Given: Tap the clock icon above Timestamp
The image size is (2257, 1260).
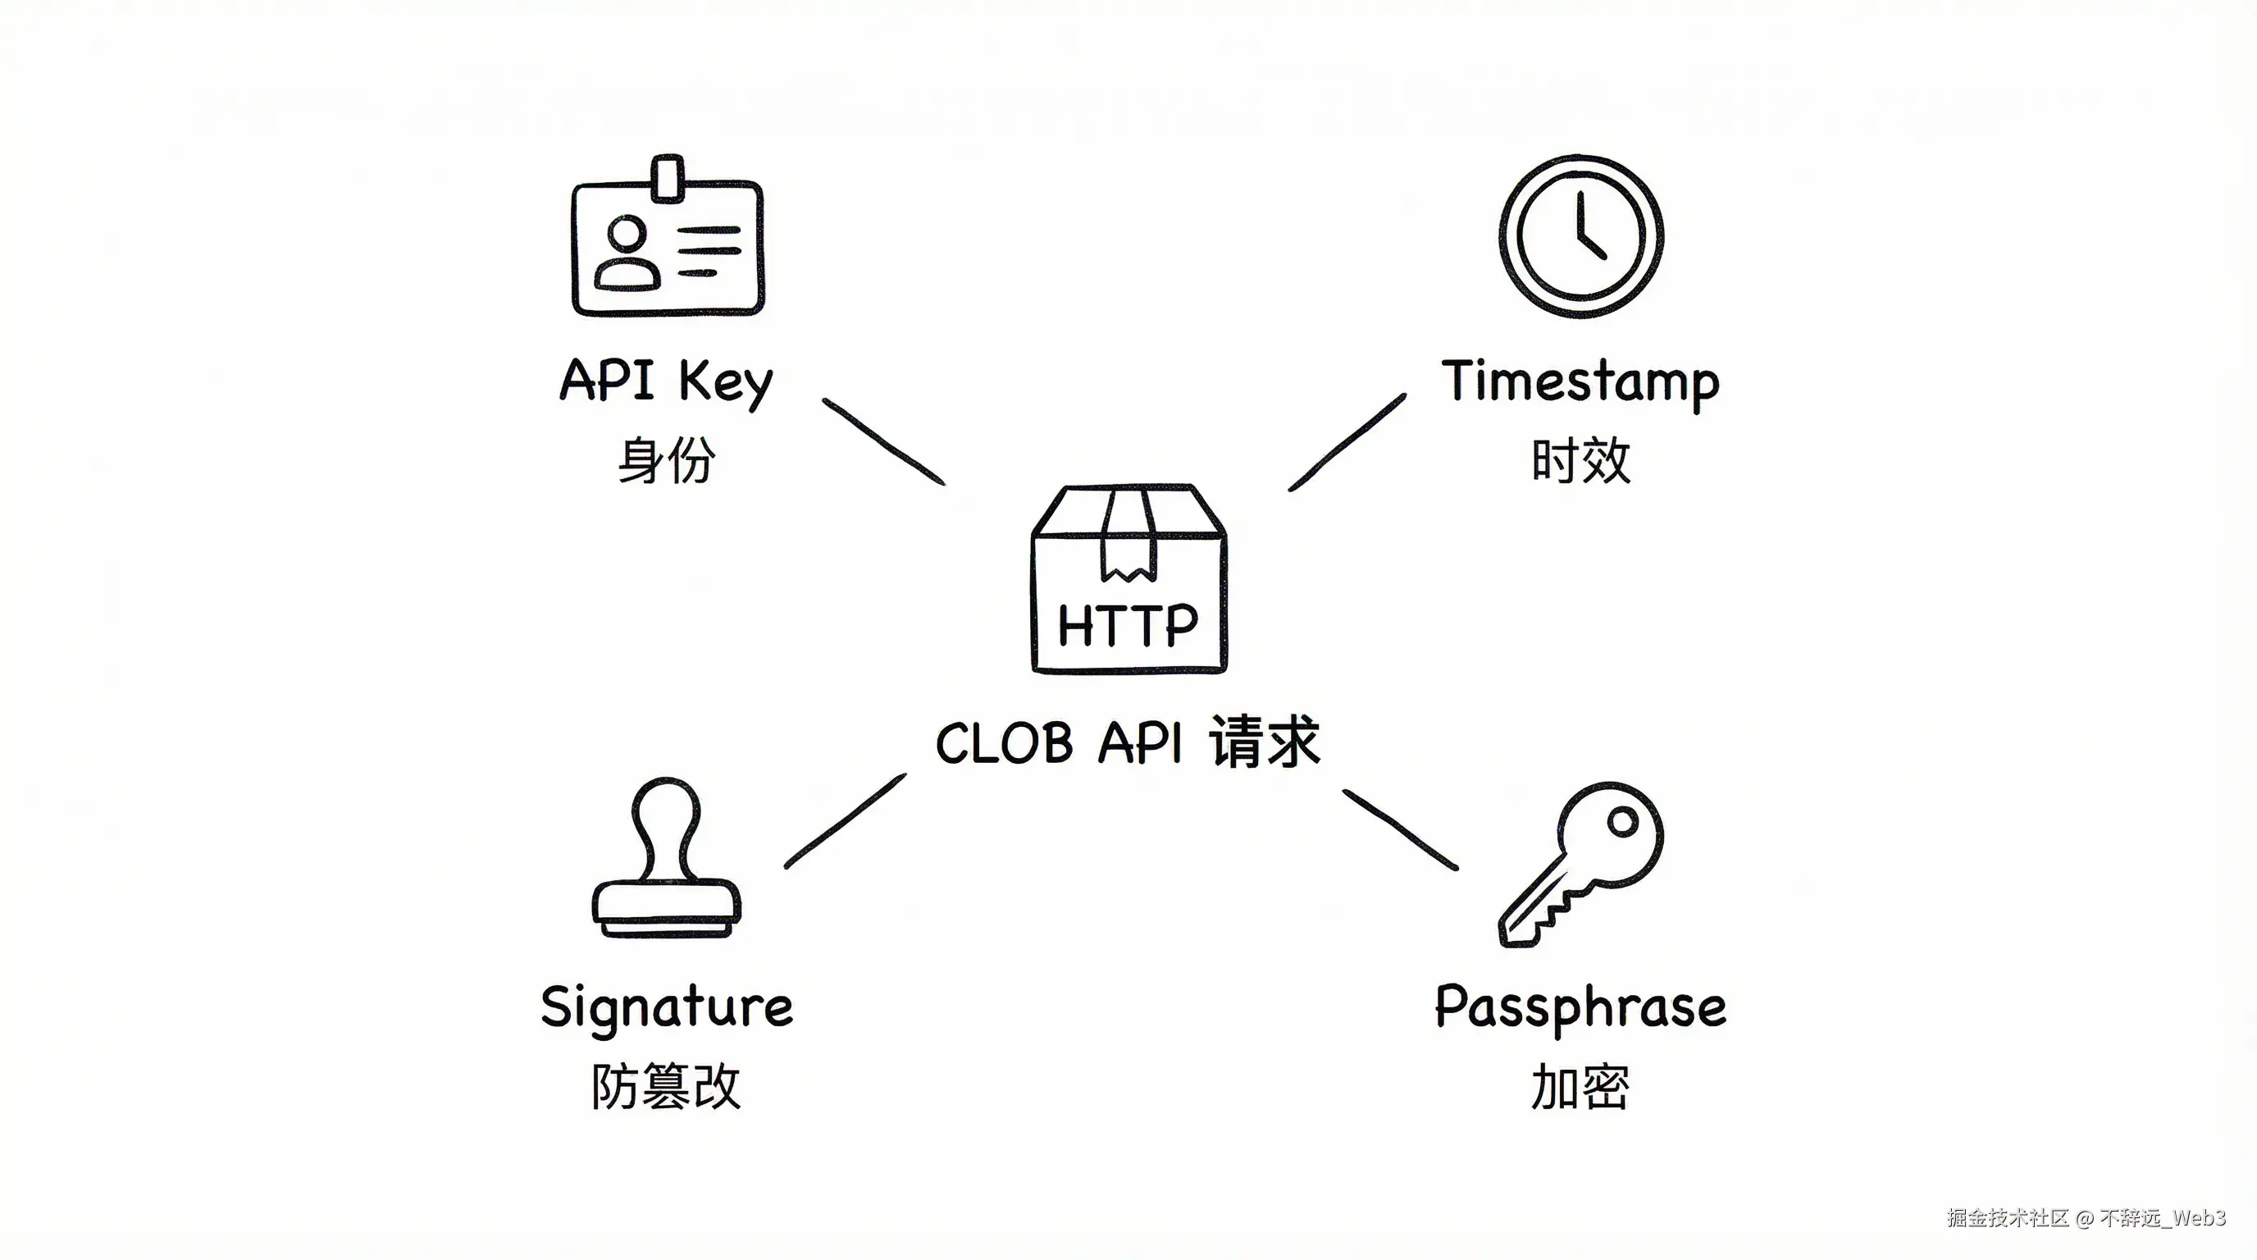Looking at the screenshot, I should tap(1580, 236).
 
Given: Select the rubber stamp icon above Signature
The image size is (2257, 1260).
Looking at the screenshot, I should tap(667, 859).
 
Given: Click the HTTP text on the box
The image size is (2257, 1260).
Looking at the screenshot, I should tap(1128, 625).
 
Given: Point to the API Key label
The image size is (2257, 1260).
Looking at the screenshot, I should tap(667, 381).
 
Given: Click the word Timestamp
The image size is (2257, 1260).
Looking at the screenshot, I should tap(1580, 382).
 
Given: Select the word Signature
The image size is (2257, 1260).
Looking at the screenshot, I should tap(667, 1007).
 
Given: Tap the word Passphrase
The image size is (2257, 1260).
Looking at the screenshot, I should tap(1580, 1007).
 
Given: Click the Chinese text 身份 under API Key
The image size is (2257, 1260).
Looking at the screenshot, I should tap(667, 460).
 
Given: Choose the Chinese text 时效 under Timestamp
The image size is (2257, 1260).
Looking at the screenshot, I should tap(1580, 460).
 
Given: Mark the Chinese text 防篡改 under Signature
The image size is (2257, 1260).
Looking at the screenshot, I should tap(666, 1087).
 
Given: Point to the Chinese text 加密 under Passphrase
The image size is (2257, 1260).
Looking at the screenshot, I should tap(1580, 1087).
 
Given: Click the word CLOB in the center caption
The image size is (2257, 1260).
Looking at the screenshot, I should tap(1004, 744).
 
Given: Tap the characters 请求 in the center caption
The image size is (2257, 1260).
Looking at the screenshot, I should tap(1265, 742).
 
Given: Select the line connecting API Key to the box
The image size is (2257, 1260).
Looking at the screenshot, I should tap(883, 441).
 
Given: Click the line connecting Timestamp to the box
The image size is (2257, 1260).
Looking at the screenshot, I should tap(1347, 441).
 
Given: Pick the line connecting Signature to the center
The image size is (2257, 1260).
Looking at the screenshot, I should tap(846, 821).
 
